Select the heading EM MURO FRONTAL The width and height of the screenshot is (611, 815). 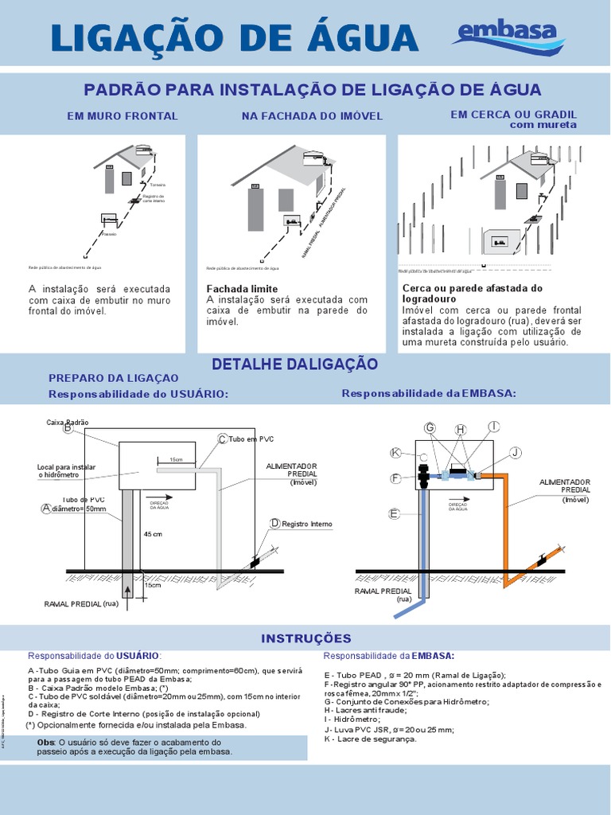tap(123, 116)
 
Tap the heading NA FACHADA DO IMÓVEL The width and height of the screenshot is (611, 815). tap(312, 116)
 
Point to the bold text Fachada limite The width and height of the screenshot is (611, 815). tap(242, 288)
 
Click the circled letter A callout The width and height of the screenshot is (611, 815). tap(46, 508)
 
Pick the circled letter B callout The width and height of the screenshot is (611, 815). tap(68, 428)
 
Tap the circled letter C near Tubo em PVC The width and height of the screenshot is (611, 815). tap(222, 439)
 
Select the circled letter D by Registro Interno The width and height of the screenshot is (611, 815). tap(274, 523)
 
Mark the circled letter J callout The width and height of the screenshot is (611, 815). tap(516, 453)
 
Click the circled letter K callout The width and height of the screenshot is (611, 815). tap(395, 453)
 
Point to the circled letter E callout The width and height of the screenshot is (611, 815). tap(393, 514)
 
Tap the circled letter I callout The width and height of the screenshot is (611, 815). tap(493, 427)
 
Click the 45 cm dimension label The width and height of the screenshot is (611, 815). tap(153, 534)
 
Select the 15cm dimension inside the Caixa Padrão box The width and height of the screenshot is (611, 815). tap(176, 459)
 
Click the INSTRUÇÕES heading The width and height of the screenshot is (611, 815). tap(305, 638)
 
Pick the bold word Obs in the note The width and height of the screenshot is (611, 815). tap(46, 742)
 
